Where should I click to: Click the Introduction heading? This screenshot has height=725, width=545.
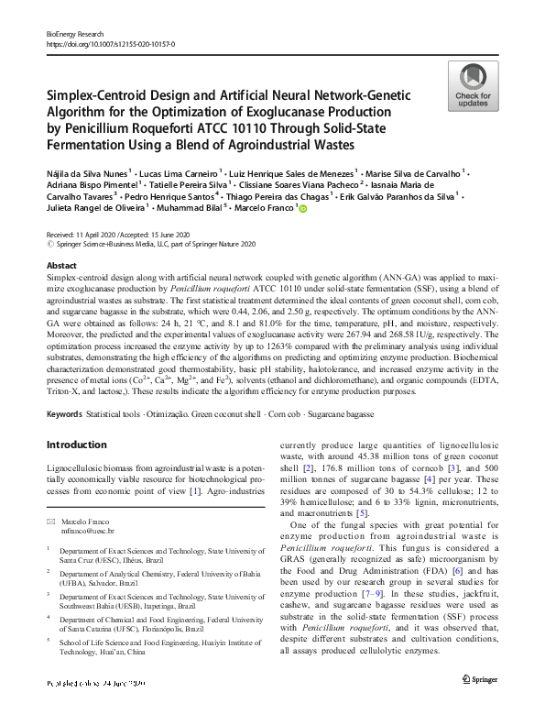coord(76,445)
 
